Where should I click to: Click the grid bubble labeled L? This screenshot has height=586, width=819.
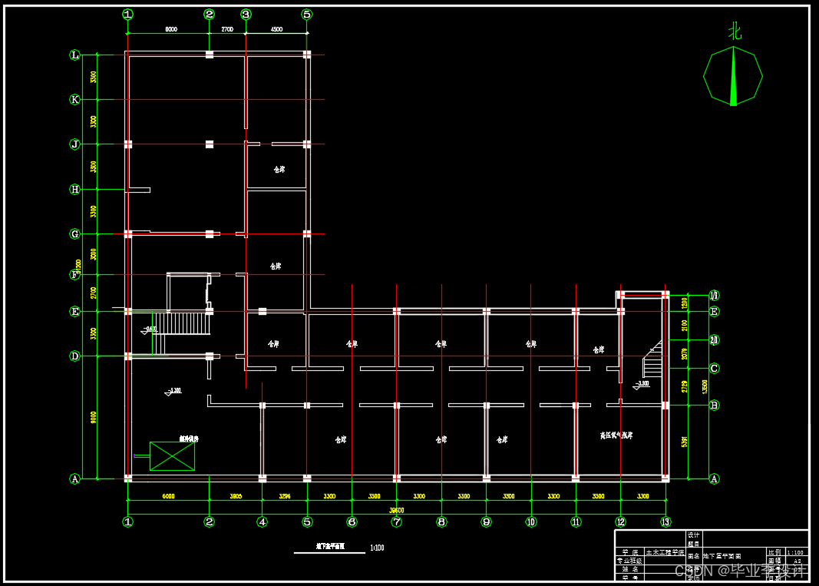tap(74, 55)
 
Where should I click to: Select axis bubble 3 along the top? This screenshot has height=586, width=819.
tap(246, 14)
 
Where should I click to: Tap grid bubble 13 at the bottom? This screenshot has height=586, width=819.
tap(665, 521)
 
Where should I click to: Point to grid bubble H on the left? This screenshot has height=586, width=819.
tap(74, 189)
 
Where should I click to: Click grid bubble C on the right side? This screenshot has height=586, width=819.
tap(714, 368)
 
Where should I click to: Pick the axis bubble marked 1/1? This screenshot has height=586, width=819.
tap(714, 295)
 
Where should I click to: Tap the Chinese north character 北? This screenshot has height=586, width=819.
tap(735, 31)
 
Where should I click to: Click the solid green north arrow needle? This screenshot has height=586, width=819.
tap(733, 77)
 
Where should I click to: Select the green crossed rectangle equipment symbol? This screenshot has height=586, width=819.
tap(172, 456)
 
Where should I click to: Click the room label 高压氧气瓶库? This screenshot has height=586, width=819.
tap(616, 435)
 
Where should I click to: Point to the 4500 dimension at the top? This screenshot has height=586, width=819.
tap(276, 29)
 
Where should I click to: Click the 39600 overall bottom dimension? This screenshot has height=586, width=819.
tap(396, 510)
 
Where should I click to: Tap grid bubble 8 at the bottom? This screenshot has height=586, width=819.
tap(441, 521)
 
